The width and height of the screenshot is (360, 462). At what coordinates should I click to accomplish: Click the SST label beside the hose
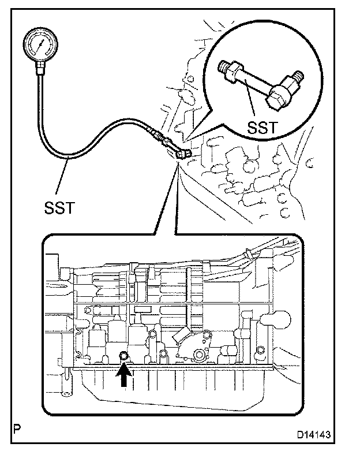pos(59,206)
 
